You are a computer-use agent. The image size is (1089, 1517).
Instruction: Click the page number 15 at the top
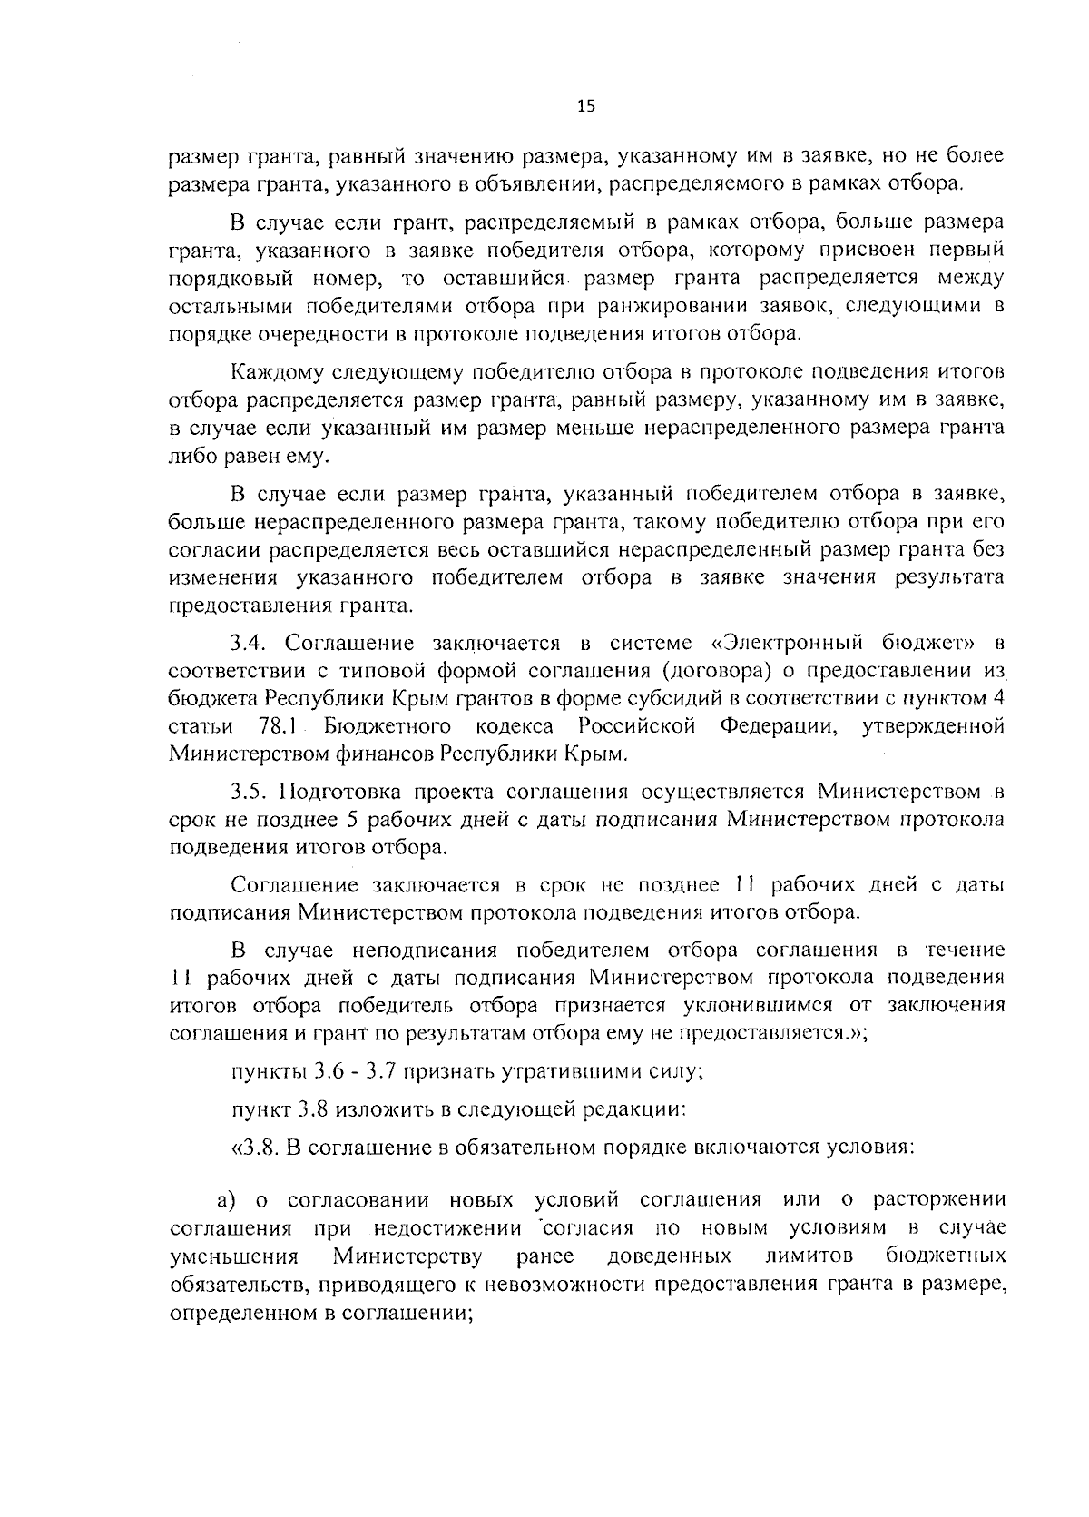coord(585,106)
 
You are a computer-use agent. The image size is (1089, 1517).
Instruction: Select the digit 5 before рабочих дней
coord(352,820)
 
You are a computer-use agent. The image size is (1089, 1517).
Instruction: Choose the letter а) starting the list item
coord(226,1201)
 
